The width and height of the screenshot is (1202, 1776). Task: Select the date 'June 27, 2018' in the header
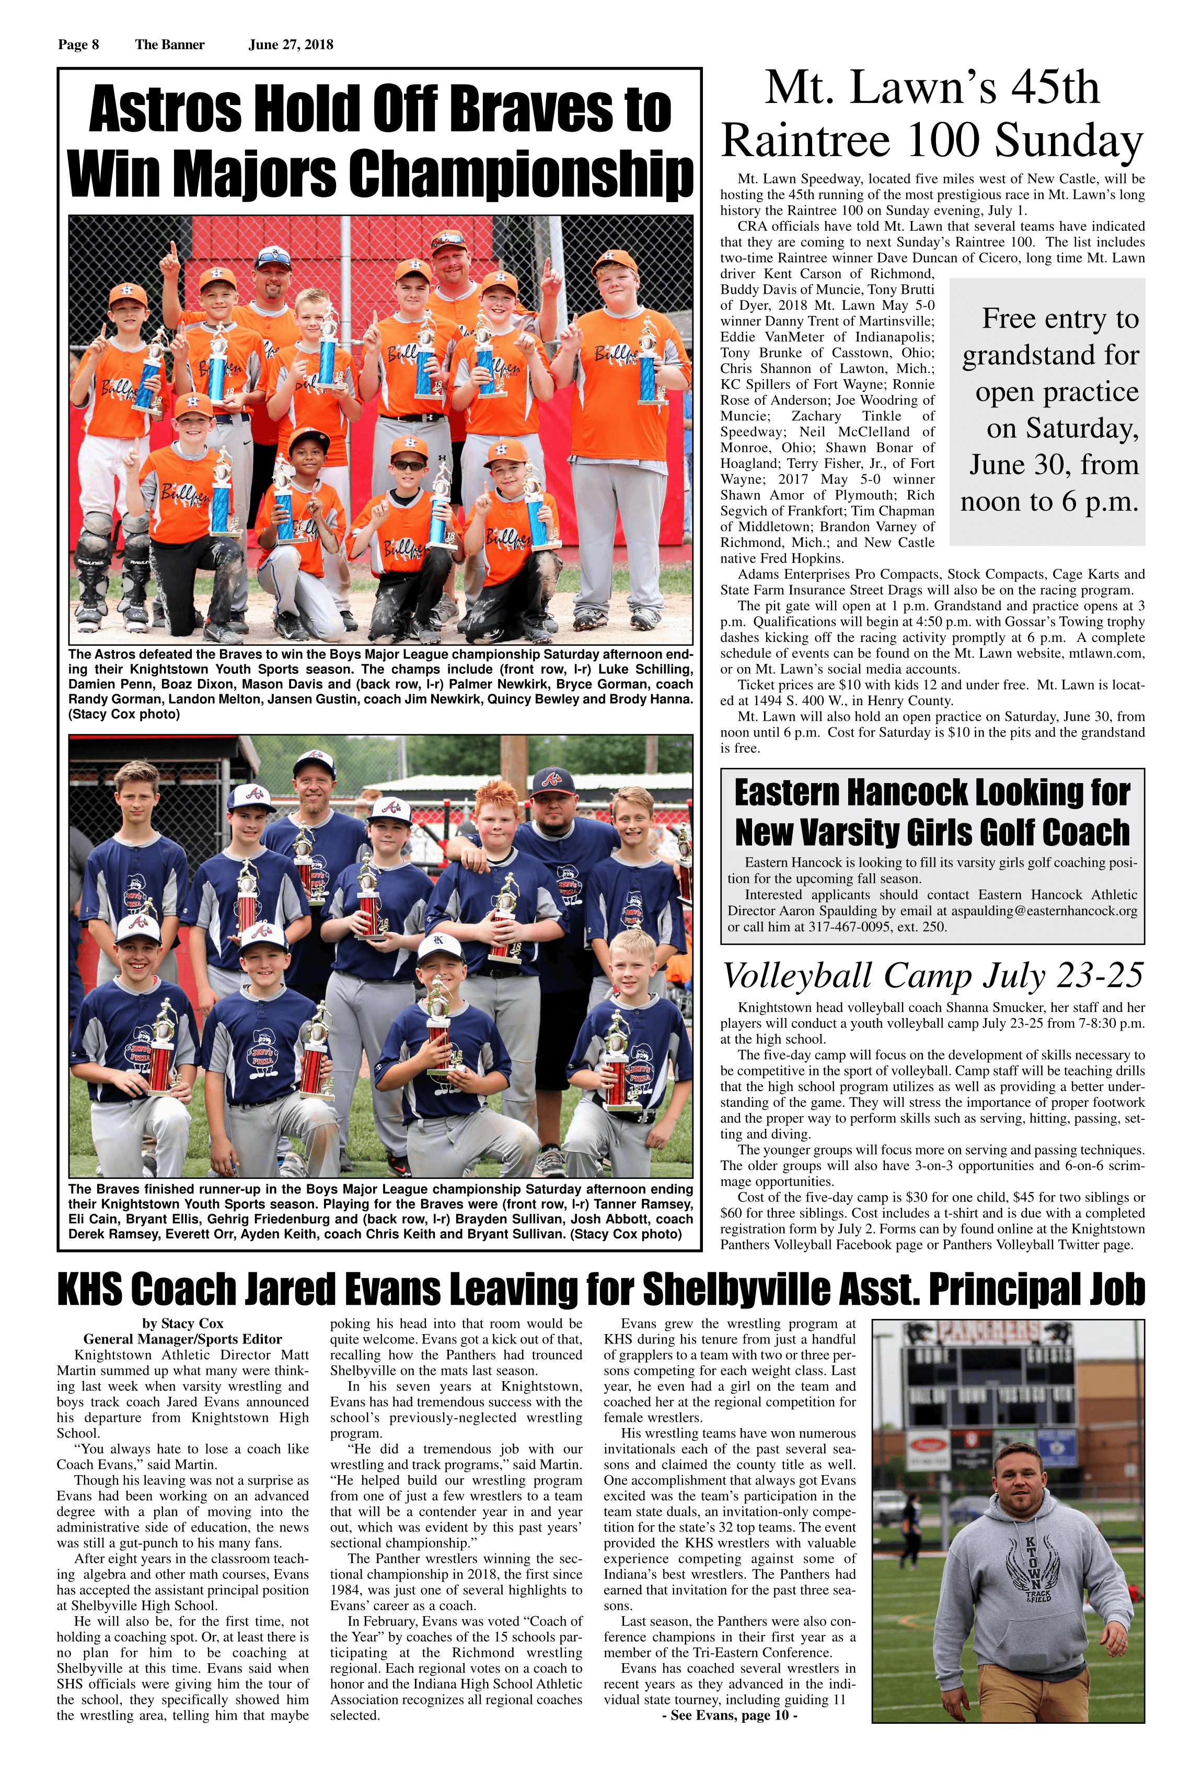[291, 44]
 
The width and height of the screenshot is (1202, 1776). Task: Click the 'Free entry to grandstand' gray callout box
[1047, 411]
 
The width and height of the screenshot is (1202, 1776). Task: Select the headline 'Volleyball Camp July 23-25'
[933, 976]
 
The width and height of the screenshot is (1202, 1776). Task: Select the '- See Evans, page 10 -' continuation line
[730, 1715]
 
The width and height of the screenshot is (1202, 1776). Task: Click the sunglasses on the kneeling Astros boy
[408, 465]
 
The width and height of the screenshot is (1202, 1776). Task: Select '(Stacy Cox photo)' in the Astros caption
[124, 715]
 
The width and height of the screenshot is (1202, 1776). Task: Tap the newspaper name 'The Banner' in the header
[170, 44]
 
